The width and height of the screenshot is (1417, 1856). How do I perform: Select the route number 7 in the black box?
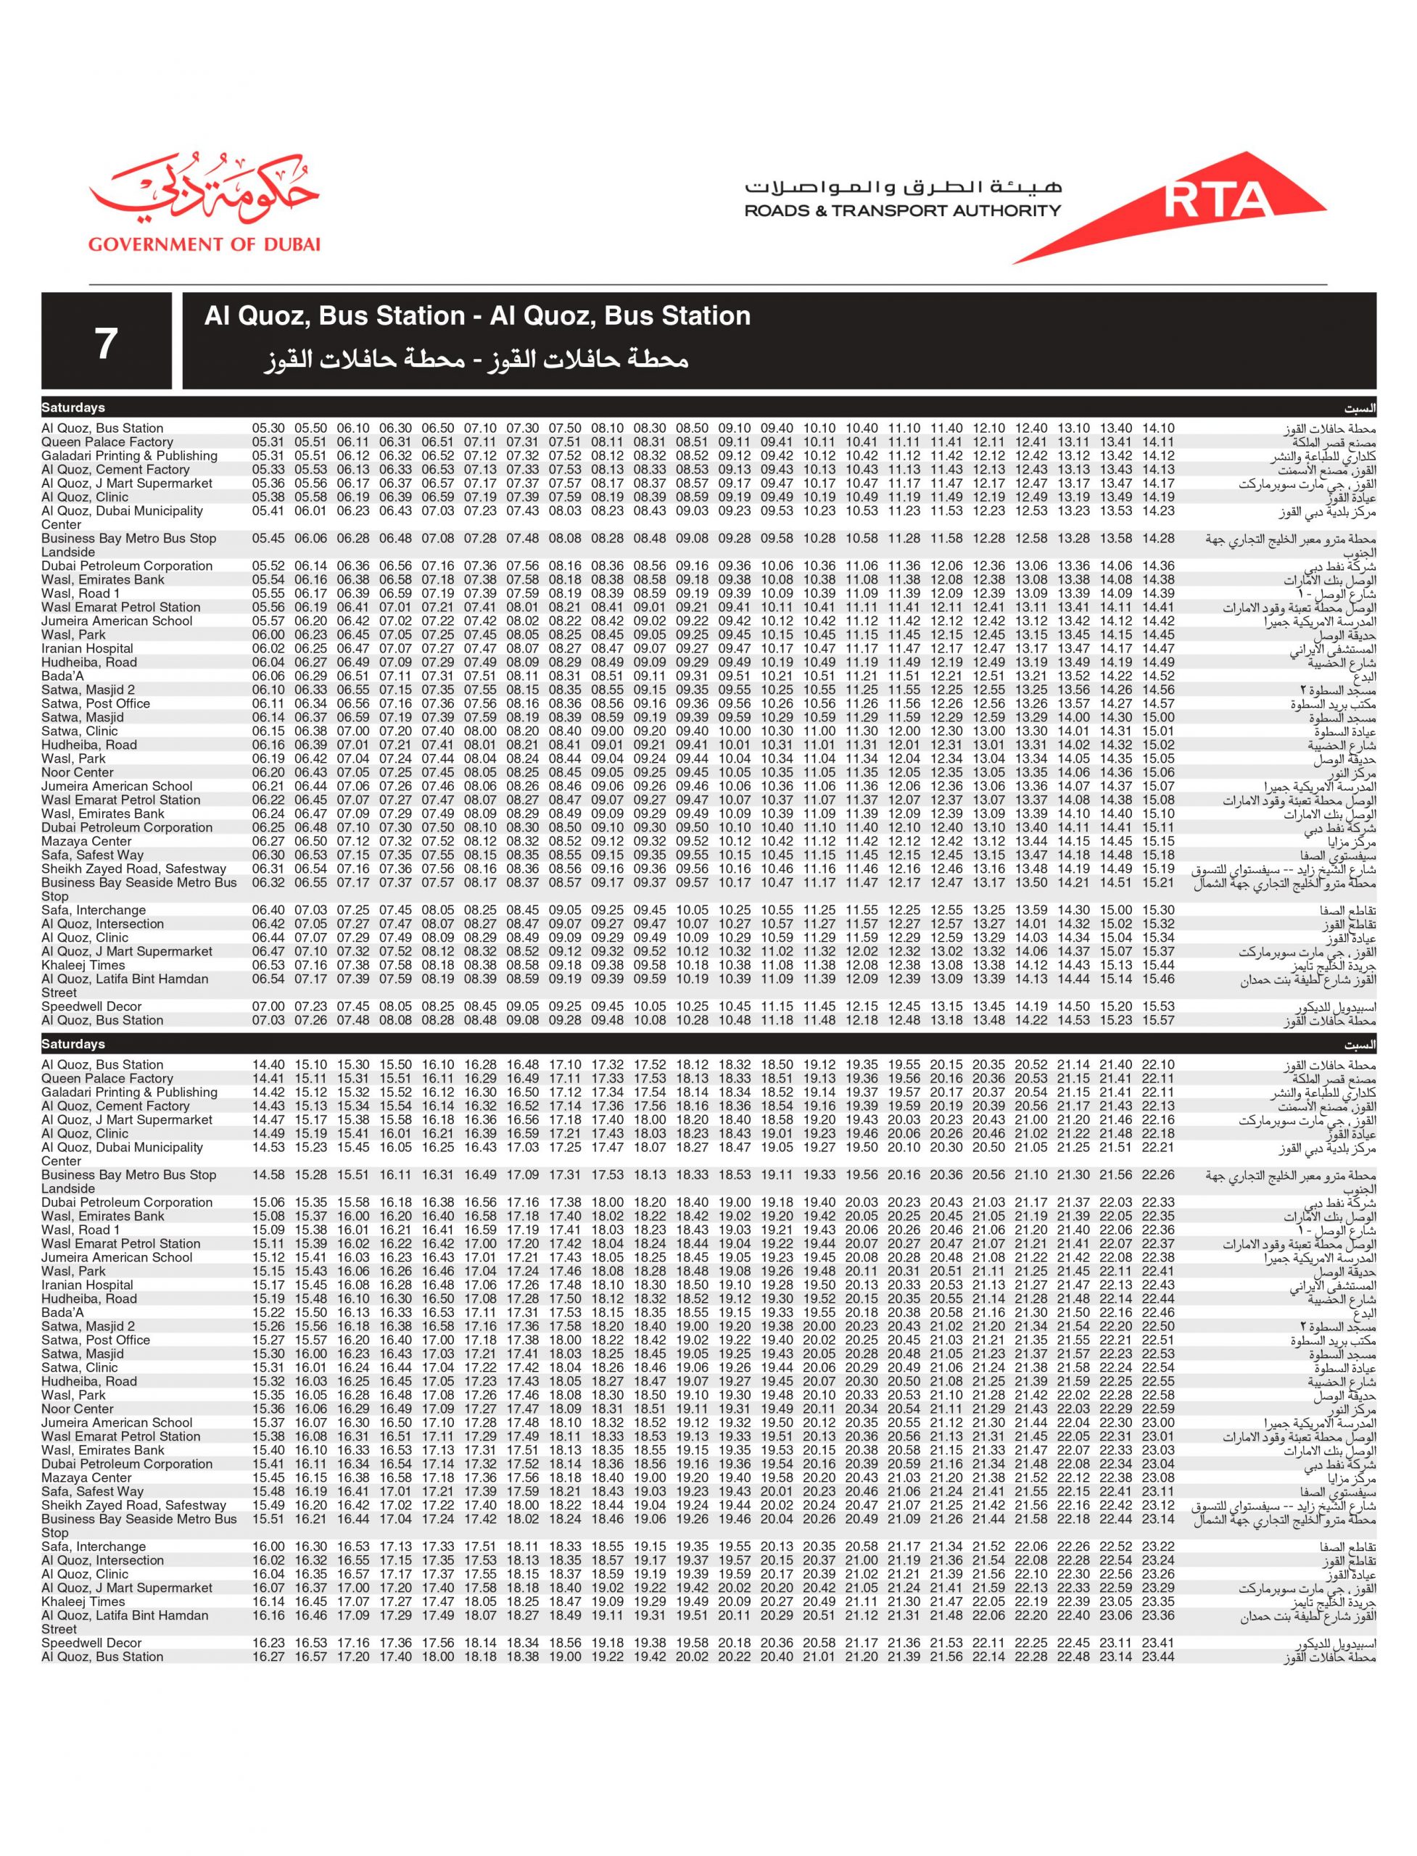coord(105,342)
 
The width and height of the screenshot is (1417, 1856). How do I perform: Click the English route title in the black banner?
coord(476,316)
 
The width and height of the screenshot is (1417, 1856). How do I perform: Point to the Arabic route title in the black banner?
coord(476,360)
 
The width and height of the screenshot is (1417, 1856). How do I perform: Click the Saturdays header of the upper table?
coord(73,408)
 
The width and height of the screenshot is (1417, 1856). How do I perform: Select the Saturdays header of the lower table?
coord(73,1044)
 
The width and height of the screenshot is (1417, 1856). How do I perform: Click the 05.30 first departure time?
coord(268,428)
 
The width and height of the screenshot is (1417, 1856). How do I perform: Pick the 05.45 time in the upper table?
coord(268,538)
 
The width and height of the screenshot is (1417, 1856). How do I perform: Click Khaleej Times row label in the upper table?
coord(83,965)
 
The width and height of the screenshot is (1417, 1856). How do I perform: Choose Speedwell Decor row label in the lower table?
coord(91,1643)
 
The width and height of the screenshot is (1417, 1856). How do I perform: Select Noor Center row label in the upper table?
coord(78,772)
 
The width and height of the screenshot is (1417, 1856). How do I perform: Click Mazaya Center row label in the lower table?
coord(86,1478)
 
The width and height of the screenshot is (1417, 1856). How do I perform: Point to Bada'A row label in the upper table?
coord(62,676)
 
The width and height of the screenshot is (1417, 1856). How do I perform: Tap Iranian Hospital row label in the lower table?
coord(87,1285)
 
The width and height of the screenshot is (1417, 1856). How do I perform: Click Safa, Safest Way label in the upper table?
coord(93,855)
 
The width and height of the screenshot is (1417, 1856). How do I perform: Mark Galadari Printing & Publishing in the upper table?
coord(129,456)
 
